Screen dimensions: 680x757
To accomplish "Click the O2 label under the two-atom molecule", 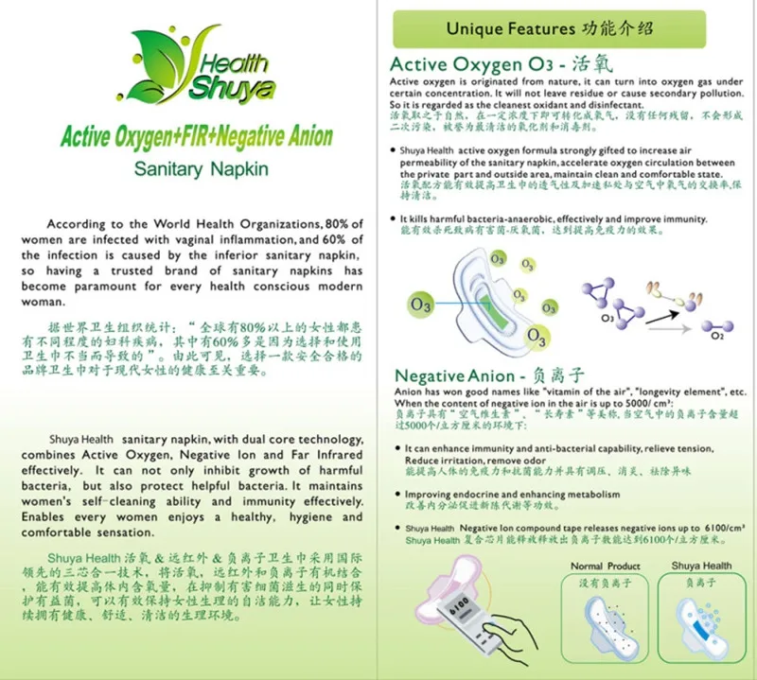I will pyautogui.click(x=717, y=335).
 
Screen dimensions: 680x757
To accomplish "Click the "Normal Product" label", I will pyautogui.click(x=605, y=566).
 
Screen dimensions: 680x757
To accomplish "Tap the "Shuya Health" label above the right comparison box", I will pyautogui.click(x=701, y=566).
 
